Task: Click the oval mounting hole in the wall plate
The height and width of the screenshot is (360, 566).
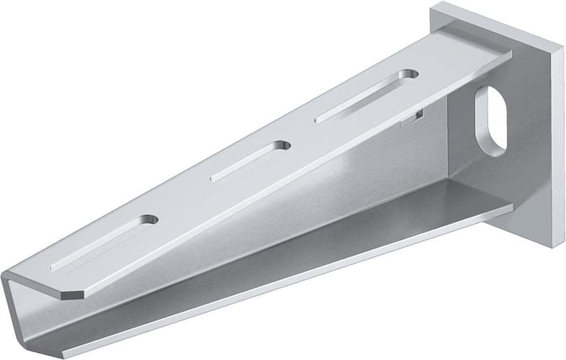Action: pyautogui.click(x=490, y=122)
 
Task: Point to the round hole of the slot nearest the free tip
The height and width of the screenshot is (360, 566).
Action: pyautogui.click(x=149, y=220)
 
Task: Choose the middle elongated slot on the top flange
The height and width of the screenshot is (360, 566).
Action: pyautogui.click(x=248, y=161)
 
